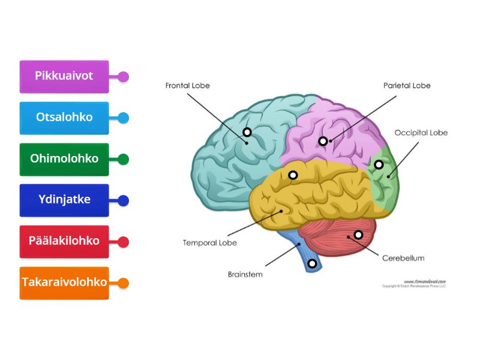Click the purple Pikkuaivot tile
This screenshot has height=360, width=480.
64,76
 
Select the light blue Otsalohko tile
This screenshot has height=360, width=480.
64,118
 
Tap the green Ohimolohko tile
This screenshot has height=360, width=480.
64,159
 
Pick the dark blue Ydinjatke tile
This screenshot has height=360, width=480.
64,200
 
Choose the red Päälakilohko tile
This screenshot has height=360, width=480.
64,241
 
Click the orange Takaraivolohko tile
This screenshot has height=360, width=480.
64,283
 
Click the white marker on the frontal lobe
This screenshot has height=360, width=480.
247,132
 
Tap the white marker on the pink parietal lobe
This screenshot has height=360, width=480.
323,141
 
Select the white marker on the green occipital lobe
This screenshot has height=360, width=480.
379,164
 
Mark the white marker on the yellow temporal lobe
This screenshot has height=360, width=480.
293,175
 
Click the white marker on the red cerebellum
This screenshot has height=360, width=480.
358,235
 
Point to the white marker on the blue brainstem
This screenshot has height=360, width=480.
312,263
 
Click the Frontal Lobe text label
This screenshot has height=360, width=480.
188,86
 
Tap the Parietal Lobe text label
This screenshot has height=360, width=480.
407,86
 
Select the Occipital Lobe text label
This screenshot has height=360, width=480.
421,133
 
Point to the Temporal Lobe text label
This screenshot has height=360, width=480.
209,243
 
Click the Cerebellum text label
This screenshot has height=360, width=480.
403,258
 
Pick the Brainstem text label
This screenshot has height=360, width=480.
245,274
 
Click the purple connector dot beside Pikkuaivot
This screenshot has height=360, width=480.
123,77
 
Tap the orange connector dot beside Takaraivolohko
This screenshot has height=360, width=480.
123,283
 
